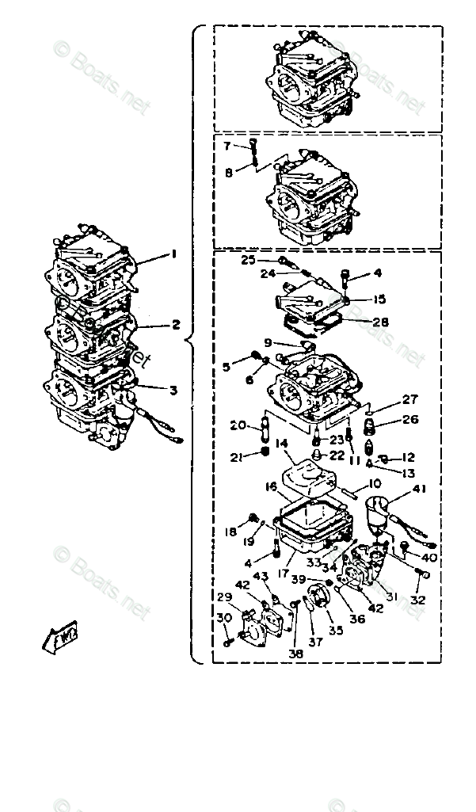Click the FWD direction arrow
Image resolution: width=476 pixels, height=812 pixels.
tap(59, 636)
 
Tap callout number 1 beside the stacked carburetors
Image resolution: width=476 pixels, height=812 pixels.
tap(172, 255)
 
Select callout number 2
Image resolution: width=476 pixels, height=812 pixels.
tap(176, 323)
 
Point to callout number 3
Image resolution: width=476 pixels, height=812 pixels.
tap(173, 389)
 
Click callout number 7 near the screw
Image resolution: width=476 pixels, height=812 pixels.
tap(227, 146)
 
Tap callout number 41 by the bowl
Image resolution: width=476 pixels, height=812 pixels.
tap(418, 489)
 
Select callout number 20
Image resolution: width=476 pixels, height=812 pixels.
tap(237, 425)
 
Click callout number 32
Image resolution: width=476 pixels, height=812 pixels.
tap(417, 600)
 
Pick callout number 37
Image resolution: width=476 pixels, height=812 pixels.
tap(314, 642)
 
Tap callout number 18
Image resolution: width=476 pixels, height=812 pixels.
tap(230, 532)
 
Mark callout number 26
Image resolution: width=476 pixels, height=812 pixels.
tap(410, 419)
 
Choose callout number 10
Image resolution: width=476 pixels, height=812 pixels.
tap(375, 482)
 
